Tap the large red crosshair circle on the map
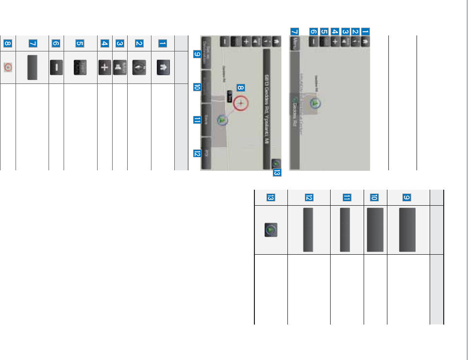[240, 103]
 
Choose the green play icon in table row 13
[270, 229]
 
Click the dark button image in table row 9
[408, 229]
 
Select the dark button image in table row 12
[308, 229]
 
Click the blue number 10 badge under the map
[197, 87]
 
